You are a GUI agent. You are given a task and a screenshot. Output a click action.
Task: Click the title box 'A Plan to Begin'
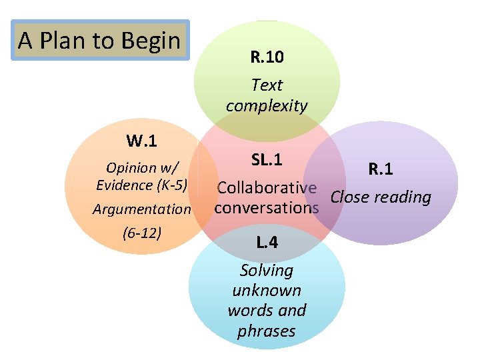click(x=101, y=41)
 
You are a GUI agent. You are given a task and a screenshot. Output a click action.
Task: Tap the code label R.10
click(x=267, y=57)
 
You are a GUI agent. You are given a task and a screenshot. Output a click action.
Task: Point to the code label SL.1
click(x=267, y=160)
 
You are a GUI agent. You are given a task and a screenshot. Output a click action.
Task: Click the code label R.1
click(x=381, y=169)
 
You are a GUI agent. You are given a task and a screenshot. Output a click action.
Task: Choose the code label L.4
click(x=267, y=243)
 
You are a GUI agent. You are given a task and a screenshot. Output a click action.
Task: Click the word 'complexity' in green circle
click(x=267, y=105)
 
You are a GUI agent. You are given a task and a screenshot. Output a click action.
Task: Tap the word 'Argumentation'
click(x=142, y=209)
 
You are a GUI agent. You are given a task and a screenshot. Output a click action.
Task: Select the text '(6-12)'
click(x=142, y=233)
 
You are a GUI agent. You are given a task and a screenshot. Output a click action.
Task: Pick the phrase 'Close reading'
click(x=381, y=197)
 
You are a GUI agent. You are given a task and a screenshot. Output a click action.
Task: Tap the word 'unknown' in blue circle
click(x=267, y=290)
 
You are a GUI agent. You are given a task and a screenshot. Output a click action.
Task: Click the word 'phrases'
click(x=267, y=331)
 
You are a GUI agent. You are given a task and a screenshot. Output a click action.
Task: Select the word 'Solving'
click(x=267, y=270)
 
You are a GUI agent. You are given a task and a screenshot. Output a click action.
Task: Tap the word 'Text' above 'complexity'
click(x=267, y=85)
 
